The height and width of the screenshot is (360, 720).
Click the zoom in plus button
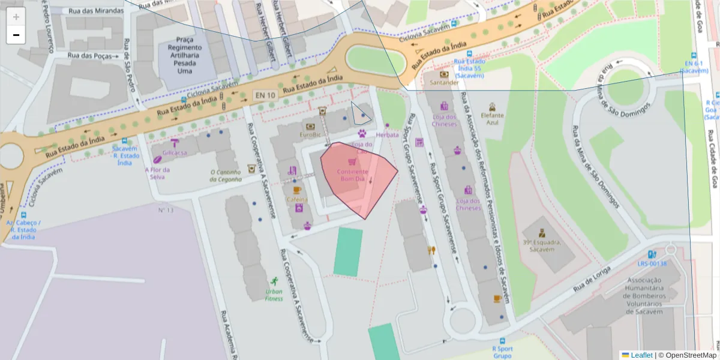16,17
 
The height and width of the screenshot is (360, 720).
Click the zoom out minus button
16,35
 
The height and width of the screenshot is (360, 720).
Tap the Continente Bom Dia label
352,175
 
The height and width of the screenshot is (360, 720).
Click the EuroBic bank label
311,135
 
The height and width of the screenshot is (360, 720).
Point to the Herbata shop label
387,135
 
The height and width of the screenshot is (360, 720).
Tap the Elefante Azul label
492,118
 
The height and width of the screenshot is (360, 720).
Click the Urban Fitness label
274,295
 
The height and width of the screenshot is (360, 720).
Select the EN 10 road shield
265,95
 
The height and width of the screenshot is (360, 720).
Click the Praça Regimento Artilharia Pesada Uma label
185,55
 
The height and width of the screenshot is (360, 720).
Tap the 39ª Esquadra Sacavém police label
541,245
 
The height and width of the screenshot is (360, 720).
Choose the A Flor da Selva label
158,173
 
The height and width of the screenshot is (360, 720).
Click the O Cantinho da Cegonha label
226,175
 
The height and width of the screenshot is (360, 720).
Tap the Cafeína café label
296,199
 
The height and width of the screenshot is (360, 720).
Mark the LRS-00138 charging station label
652,263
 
